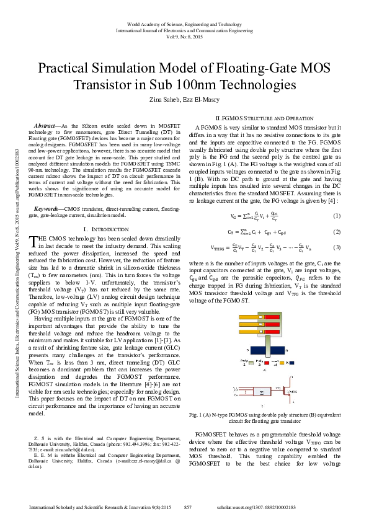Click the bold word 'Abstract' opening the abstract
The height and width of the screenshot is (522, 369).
pyautogui.click(x=50, y=126)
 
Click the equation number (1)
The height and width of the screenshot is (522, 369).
pyautogui.click(x=336, y=216)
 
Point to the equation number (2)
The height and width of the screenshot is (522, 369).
pyautogui.click(x=336, y=232)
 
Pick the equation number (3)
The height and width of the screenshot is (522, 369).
pyautogui.click(x=336, y=248)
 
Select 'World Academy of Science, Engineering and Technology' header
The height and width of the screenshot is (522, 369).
pyautogui.click(x=184, y=24)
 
